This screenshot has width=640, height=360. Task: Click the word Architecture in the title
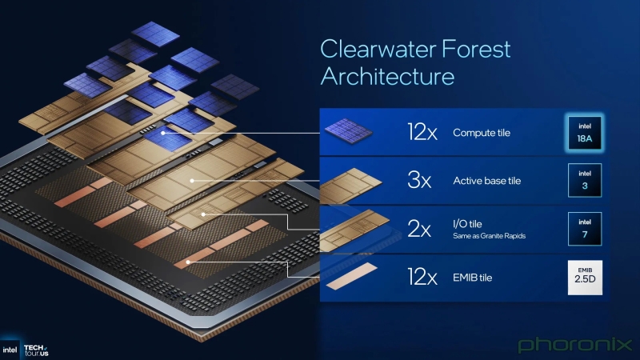(x=387, y=77)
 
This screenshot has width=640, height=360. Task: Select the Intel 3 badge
(x=584, y=180)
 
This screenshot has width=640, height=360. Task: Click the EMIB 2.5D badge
(x=584, y=278)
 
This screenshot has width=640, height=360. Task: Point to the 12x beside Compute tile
(x=418, y=133)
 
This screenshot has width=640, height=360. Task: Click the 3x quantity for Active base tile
(x=419, y=181)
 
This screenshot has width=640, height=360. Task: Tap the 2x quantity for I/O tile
(x=419, y=230)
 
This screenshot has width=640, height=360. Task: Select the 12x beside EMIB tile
(x=418, y=278)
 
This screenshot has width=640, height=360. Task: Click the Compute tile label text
(x=482, y=133)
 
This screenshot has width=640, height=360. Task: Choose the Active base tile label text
(x=486, y=181)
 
